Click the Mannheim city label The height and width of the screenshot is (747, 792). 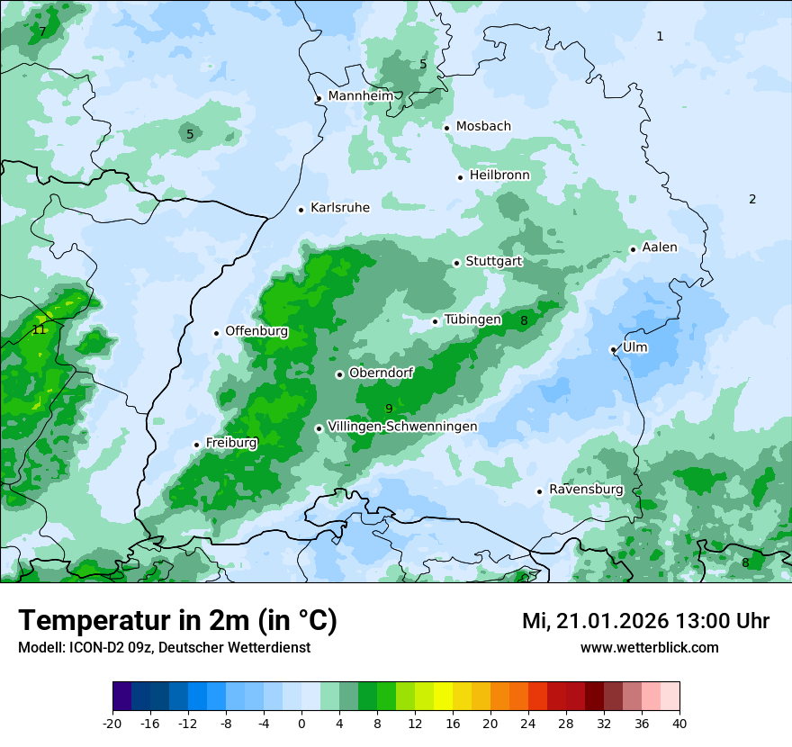pyautogui.click(x=361, y=95)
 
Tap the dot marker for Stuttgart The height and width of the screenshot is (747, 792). pyautogui.click(x=456, y=263)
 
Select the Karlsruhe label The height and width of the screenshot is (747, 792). pyautogui.click(x=340, y=208)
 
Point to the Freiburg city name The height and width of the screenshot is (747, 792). pyautogui.click(x=231, y=443)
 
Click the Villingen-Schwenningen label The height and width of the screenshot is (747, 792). pyautogui.click(x=403, y=427)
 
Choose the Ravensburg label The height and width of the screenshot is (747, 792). pyautogui.click(x=586, y=490)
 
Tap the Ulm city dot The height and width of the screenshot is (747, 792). pyautogui.click(x=613, y=349)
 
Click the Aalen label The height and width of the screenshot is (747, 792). pyautogui.click(x=660, y=247)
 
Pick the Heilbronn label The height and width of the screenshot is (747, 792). pyautogui.click(x=499, y=175)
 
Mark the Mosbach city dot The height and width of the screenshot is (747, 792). pyautogui.click(x=446, y=128)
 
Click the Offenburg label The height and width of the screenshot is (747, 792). pyautogui.click(x=256, y=331)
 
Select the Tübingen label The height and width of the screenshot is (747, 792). pyautogui.click(x=472, y=319)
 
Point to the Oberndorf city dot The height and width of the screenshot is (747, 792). pyautogui.click(x=339, y=374)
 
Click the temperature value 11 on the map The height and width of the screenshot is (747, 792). pyautogui.click(x=39, y=329)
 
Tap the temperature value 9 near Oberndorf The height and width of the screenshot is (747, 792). pyautogui.click(x=389, y=409)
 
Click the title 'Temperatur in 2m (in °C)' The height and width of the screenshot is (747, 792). pyautogui.click(x=178, y=621)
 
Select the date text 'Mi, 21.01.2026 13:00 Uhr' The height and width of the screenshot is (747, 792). pyautogui.click(x=645, y=621)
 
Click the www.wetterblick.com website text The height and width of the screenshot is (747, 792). pyautogui.click(x=649, y=647)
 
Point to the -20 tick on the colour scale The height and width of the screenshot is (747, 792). pyautogui.click(x=112, y=723)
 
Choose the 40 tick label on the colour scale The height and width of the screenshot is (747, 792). pyautogui.click(x=679, y=723)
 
